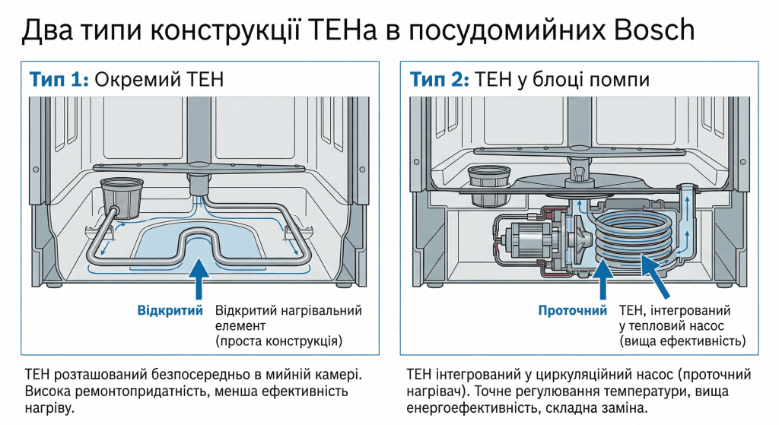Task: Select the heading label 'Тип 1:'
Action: pyautogui.click(x=59, y=79)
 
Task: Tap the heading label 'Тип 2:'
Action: pyautogui.click(x=440, y=79)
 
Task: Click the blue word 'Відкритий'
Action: pyautogui.click(x=170, y=311)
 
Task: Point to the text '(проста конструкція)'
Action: pyautogui.click(x=278, y=340)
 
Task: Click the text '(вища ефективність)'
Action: pyautogui.click(x=682, y=341)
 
